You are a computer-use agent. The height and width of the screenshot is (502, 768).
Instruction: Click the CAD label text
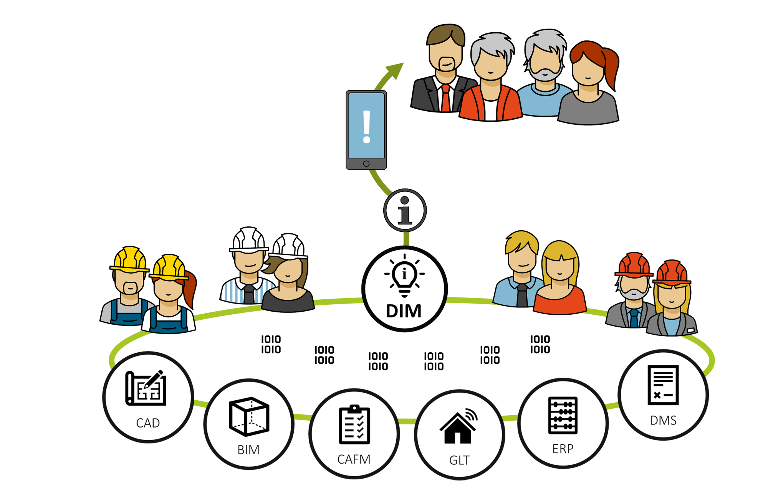(x=148, y=423)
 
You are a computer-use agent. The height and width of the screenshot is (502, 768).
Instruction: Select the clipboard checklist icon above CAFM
(x=354, y=425)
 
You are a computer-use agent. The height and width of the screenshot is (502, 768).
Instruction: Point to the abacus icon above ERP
(x=563, y=415)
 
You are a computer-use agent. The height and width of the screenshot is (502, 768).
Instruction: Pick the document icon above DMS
(x=663, y=385)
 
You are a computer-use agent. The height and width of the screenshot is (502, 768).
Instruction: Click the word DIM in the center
(x=404, y=311)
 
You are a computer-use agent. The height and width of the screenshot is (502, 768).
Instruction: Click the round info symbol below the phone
(x=405, y=211)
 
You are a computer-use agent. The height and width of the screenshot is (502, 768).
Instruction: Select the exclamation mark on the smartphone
(x=366, y=127)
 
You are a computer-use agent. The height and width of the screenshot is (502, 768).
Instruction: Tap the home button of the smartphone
(x=366, y=164)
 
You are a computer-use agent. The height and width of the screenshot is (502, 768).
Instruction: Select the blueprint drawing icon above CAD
(x=146, y=388)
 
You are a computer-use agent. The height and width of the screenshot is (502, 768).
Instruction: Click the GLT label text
(x=459, y=460)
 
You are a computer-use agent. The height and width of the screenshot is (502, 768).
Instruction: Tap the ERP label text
(x=563, y=449)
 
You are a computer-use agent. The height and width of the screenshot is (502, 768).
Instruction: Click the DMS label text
(x=663, y=421)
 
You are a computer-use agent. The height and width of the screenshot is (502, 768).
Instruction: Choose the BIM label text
(x=248, y=450)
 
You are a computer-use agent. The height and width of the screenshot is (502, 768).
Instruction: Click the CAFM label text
(x=354, y=459)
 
